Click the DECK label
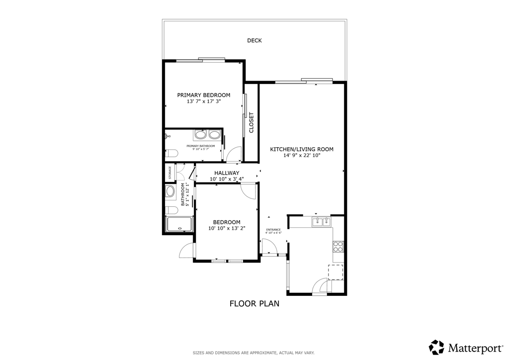tap(254, 41)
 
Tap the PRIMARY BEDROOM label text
tap(204, 95)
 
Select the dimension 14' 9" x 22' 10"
tap(302, 156)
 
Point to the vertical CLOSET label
tap(252, 122)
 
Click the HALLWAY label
tap(227, 173)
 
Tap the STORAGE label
tap(170, 172)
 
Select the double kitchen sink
tap(322, 222)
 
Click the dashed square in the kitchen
tap(336, 272)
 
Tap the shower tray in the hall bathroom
tap(178, 225)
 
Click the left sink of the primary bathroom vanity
tap(201, 134)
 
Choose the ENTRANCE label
tap(273, 230)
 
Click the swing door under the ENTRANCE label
tap(268, 246)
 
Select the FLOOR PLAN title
tap(254, 303)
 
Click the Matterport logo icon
tap(436, 347)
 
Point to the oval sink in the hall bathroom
tap(170, 192)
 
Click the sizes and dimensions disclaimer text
tap(254, 353)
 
